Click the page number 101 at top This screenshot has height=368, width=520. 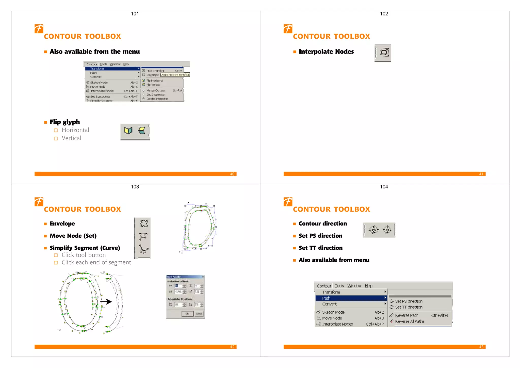[135, 14]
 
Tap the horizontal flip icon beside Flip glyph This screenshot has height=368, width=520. [128, 131]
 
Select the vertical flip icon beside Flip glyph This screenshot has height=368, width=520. [142, 131]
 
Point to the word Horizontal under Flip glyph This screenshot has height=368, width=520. [75, 130]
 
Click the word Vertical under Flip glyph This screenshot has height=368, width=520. [71, 138]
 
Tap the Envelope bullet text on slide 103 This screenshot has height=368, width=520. [62, 223]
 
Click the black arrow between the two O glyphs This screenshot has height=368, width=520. [106, 302]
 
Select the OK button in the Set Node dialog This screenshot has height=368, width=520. [187, 314]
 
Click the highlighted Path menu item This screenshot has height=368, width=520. [326, 298]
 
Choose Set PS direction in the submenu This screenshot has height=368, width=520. [409, 301]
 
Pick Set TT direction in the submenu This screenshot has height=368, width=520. [409, 307]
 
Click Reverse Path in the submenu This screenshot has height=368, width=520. [407, 315]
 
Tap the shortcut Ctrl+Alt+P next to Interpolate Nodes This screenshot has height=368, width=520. [375, 324]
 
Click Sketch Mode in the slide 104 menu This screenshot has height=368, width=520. [333, 312]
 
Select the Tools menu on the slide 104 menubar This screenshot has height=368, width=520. [339, 286]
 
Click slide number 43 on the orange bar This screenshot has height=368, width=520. [481, 347]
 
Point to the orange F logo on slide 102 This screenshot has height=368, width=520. [288, 29]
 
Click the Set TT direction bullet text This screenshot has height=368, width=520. [320, 248]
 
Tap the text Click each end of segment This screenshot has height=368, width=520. [96, 262]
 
